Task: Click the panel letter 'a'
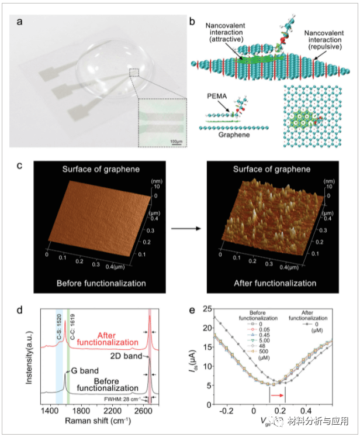click(x=20, y=23)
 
